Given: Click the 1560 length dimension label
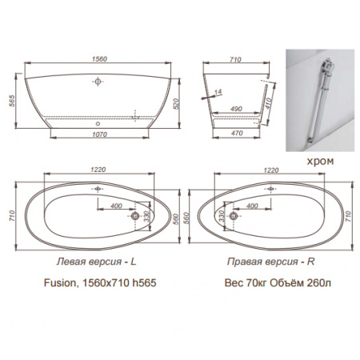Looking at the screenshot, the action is point(99,59).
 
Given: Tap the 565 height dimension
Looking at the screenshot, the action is point(12,101).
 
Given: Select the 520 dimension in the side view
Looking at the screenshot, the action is point(176,104).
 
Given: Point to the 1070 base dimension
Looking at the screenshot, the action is point(99,134).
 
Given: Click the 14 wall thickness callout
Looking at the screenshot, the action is point(218,92).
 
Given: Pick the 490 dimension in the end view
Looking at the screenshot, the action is point(236,109).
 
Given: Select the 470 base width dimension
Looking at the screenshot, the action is point(236,133).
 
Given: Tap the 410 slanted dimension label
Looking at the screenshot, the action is point(269,103).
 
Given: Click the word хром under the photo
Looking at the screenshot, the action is point(320,161).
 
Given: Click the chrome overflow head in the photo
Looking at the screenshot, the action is point(326,66).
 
